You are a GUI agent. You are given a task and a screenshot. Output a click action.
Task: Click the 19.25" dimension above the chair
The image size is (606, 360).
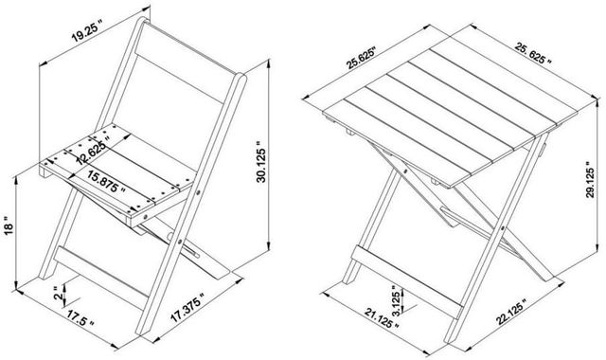(87, 30)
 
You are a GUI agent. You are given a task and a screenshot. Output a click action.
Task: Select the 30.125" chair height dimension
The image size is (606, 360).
(261, 165)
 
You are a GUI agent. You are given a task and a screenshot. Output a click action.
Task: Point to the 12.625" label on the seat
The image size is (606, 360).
(93, 149)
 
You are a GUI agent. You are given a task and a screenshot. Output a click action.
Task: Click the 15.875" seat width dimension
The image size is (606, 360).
(106, 181)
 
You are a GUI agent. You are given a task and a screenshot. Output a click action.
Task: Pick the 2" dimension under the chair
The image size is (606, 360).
(59, 293)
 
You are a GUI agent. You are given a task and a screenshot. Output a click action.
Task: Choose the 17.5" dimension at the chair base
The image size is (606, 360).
(80, 318)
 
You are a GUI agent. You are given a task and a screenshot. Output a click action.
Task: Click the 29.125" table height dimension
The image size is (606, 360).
(590, 179)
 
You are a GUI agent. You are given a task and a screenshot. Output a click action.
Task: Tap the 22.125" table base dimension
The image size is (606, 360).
(511, 312)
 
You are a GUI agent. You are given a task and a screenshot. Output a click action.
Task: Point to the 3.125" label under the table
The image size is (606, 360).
(395, 300)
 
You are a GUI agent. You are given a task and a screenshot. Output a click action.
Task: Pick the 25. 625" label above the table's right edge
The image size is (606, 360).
(533, 53)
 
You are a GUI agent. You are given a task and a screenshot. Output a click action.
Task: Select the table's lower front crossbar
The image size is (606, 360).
(407, 280)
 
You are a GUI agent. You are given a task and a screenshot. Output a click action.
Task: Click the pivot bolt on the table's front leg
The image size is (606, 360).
(503, 228)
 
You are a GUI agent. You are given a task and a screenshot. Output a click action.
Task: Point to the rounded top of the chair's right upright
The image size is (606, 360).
(240, 78)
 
